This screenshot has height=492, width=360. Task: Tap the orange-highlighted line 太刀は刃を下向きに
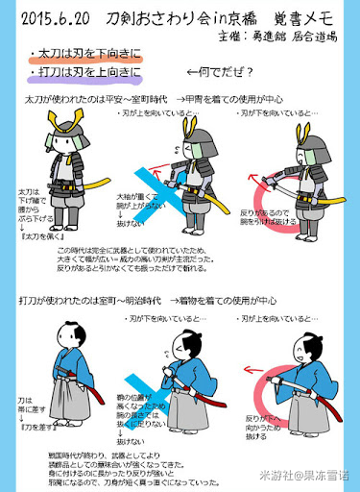coord(84,55)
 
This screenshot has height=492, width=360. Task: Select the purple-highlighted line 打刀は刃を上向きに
coord(84,72)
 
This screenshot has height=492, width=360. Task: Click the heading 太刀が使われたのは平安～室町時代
coord(84,98)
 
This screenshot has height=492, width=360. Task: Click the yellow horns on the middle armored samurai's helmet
coord(189,124)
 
